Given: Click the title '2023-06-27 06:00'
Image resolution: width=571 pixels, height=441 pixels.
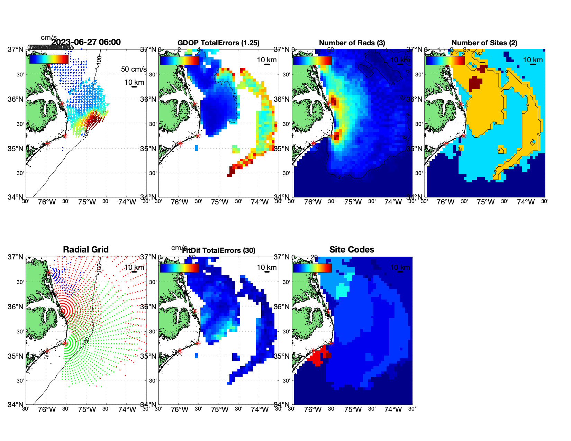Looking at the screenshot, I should pos(86,42).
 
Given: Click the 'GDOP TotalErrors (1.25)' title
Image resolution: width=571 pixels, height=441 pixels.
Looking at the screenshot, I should pos(218,43).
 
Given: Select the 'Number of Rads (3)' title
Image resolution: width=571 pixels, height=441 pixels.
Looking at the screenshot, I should pos(352,43).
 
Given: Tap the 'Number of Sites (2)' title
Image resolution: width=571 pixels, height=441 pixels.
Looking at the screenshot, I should pos(484,43).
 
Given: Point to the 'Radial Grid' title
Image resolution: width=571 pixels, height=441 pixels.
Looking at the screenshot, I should pos(86,250).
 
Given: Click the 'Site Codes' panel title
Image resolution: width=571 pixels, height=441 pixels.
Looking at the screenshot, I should pos(352,250).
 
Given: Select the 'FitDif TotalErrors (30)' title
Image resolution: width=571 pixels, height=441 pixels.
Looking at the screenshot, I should pos(219,250).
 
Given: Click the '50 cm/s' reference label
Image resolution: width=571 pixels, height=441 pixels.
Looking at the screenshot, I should pos(134,69).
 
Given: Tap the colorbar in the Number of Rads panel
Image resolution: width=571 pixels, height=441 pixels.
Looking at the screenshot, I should pos(312,60).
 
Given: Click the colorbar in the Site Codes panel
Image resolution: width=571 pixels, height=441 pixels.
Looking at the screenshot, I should pos(312,268).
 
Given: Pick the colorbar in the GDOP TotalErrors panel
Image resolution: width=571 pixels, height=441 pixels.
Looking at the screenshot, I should pos(179,60).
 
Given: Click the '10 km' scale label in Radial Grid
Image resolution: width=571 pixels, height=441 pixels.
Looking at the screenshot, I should pos(134,267).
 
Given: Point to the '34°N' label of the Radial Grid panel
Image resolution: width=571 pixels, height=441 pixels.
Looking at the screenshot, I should pos(16,404).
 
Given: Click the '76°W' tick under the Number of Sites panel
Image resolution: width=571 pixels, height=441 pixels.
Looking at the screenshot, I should pos(445,202).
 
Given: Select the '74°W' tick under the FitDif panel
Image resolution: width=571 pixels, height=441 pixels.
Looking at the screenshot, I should pos(260,410).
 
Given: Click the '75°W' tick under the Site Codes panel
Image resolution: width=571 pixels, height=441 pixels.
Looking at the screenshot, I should pos(353,410).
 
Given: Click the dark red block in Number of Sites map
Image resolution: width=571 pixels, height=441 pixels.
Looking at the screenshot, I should pos(475,83).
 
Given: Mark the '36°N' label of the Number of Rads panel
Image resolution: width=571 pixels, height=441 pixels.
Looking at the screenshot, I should pos(282,99).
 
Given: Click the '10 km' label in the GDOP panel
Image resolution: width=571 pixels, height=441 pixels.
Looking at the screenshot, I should pos(266,60).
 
